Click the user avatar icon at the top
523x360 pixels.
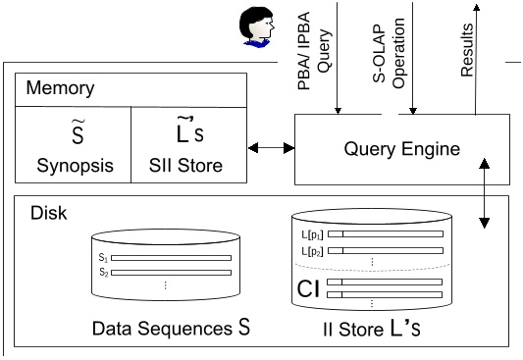[x=256, y=27]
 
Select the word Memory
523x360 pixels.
[x=61, y=88]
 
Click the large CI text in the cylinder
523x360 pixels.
[x=308, y=288]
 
